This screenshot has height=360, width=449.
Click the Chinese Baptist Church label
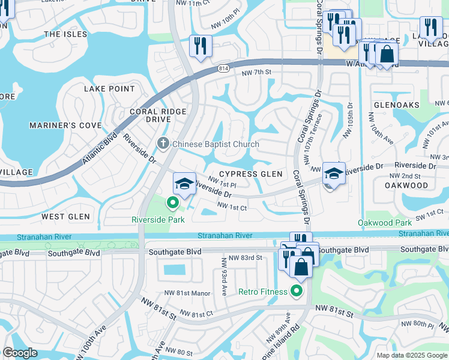tap(215, 144)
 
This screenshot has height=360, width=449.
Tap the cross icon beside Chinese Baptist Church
tap(162, 143)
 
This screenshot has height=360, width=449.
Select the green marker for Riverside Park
tap(173, 203)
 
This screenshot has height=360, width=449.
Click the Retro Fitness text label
tap(263, 292)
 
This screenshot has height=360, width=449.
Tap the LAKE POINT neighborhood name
tap(109, 89)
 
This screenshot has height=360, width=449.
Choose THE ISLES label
tap(65, 34)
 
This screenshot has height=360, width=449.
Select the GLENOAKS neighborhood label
tap(397, 104)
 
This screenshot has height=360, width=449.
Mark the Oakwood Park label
tap(384, 223)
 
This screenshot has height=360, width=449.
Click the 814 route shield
tap(223, 68)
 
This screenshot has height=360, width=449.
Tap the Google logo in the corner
tap(20, 353)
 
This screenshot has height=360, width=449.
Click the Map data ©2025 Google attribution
tap(411, 355)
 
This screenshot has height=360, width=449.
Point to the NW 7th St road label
tap(257, 73)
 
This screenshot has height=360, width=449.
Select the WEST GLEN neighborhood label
tap(66, 216)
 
